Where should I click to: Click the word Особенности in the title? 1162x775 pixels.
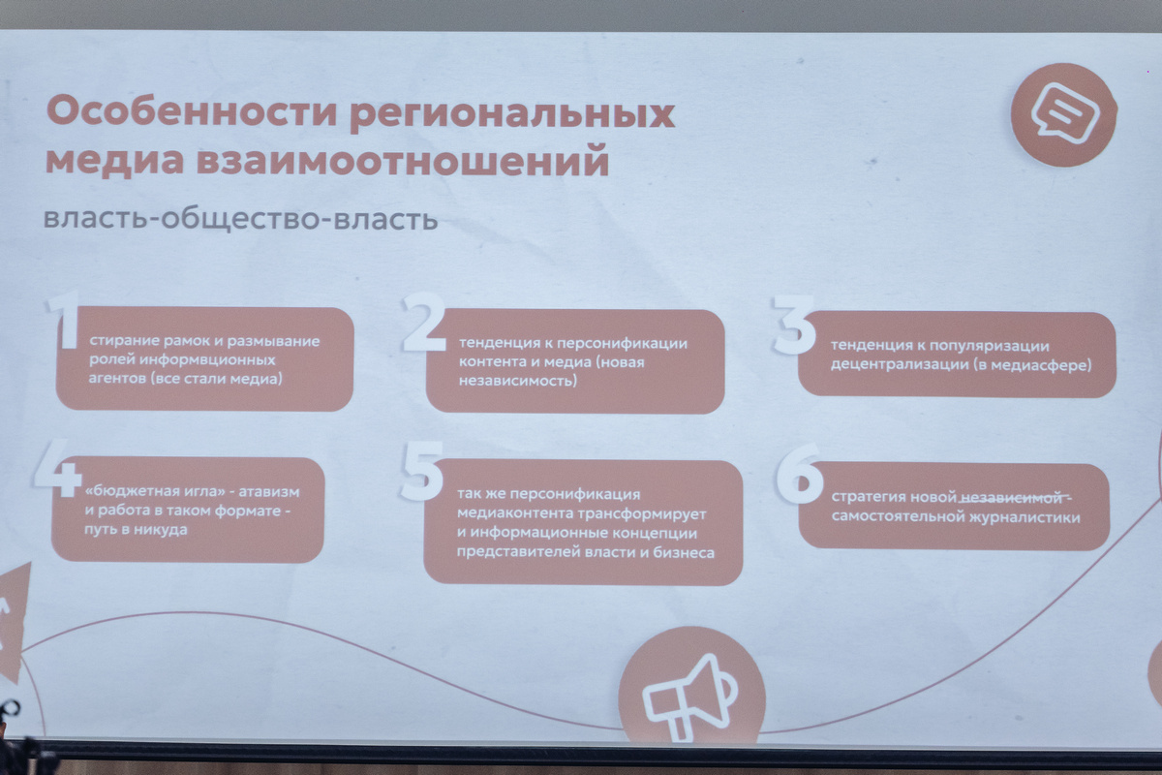click(192, 111)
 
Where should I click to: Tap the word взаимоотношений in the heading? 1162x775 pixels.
click(403, 161)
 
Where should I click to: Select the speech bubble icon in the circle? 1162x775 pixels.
click(1065, 112)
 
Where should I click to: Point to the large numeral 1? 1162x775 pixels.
click(65, 320)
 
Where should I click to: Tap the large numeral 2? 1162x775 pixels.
click(424, 322)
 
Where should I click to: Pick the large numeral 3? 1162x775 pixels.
click(793, 325)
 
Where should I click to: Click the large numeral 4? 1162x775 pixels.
click(57, 469)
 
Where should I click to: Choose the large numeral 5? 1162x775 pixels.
click(422, 472)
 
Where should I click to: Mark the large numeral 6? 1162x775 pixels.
click(799, 475)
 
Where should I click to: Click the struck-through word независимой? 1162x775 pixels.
click(1011, 498)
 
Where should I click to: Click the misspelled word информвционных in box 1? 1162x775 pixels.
click(207, 359)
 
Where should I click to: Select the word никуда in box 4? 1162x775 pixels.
click(161, 530)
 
